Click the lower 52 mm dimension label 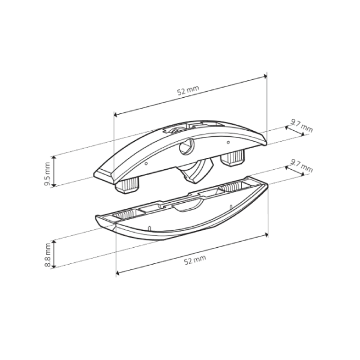click(195, 260)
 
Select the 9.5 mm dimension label click(47, 174)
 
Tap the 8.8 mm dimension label click(48, 255)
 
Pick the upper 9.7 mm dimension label click(301, 125)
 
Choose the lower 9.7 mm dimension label click(301, 166)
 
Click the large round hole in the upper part click(187, 146)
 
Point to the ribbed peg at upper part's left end click(127, 185)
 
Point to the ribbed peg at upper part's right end click(233, 158)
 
